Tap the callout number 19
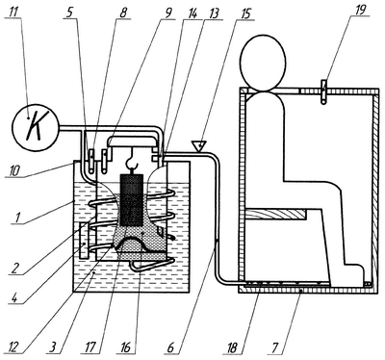pos(360,10)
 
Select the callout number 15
pos(244,14)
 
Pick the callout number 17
pos(90,347)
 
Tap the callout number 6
pos(170,347)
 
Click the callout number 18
pos(232,347)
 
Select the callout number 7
pos(273,347)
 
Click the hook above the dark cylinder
pos(132,160)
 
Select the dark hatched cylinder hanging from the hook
pos(131,199)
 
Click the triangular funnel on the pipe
pos(199,146)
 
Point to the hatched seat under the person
pos(275,214)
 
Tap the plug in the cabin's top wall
pos(323,91)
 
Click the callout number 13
pos(213,14)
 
